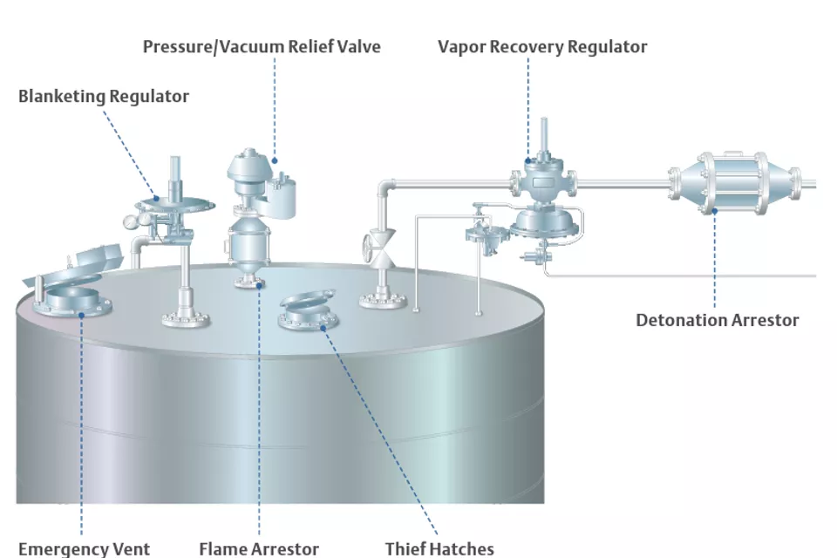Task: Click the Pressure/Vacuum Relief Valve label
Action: click(262, 46)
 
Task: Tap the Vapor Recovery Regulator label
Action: click(542, 46)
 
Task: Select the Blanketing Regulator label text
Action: click(103, 96)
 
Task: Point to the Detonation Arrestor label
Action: click(717, 320)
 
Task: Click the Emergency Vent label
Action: click(84, 548)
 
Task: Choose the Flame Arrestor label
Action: click(259, 548)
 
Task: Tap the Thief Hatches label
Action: click(439, 548)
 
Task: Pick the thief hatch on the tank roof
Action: click(309, 312)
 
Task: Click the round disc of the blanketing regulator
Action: click(175, 205)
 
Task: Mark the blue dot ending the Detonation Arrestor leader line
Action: click(715, 209)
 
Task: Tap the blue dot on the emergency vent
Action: click(82, 314)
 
